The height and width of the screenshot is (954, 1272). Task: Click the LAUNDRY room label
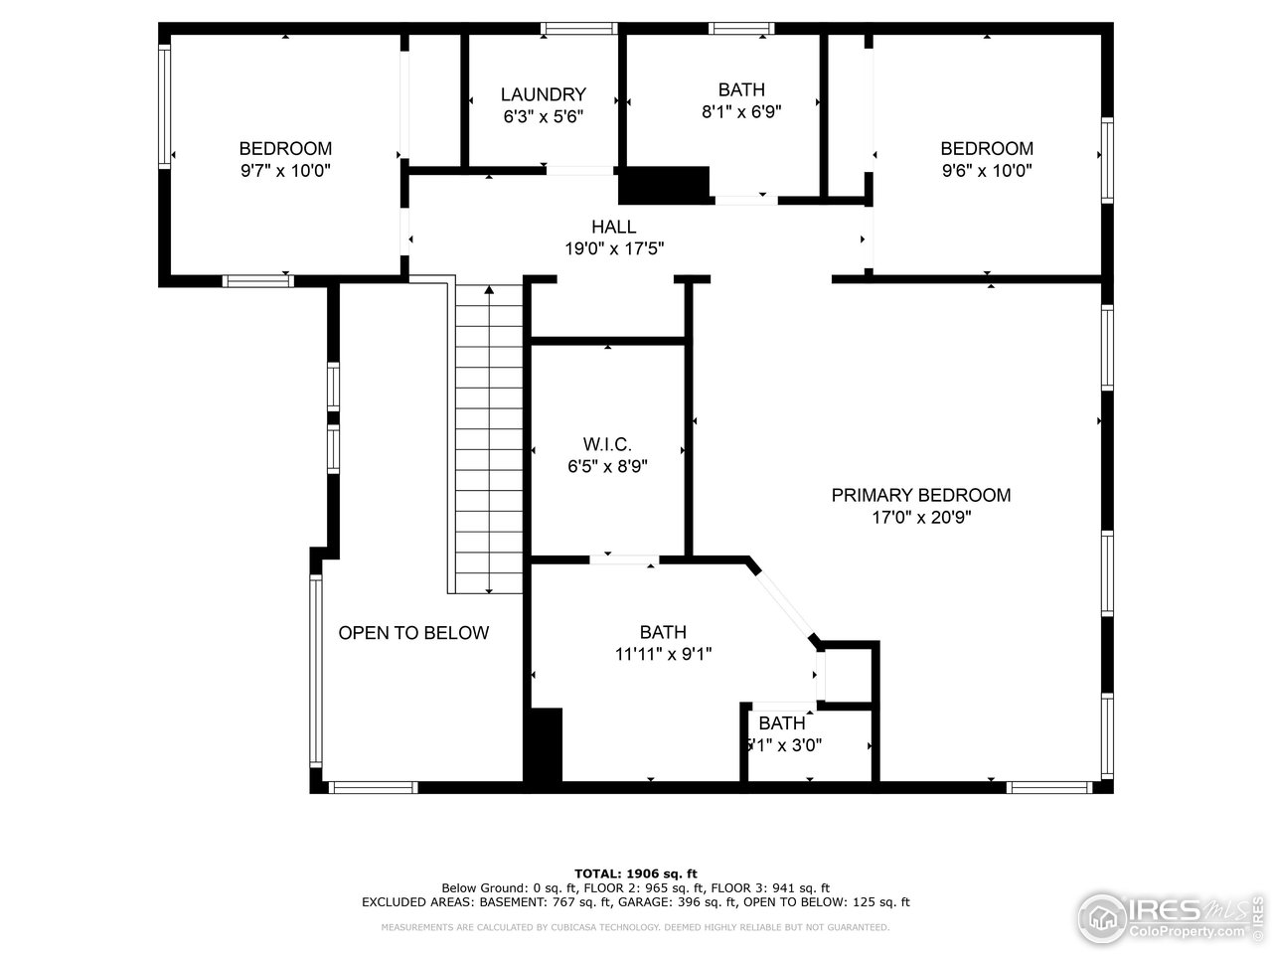tap(543, 94)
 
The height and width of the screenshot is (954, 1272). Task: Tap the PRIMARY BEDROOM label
tap(920, 495)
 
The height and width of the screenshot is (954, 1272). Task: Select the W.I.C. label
tap(606, 444)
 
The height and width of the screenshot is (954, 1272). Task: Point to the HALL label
tap(613, 227)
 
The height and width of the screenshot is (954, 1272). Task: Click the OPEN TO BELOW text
tap(413, 633)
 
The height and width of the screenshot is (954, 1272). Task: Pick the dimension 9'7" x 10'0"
tap(284, 171)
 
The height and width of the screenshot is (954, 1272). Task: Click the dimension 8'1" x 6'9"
tap(741, 112)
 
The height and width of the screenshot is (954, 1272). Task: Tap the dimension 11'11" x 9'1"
tap(663, 654)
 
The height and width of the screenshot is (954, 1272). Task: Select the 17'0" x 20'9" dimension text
tap(920, 517)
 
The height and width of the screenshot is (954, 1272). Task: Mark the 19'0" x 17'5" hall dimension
tap(613, 248)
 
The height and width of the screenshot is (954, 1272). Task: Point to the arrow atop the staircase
tap(489, 291)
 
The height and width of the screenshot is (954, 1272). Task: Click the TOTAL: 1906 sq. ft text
tap(636, 873)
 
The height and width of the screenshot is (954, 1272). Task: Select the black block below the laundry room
tap(664, 184)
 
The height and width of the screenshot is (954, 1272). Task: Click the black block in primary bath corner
tap(544, 745)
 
